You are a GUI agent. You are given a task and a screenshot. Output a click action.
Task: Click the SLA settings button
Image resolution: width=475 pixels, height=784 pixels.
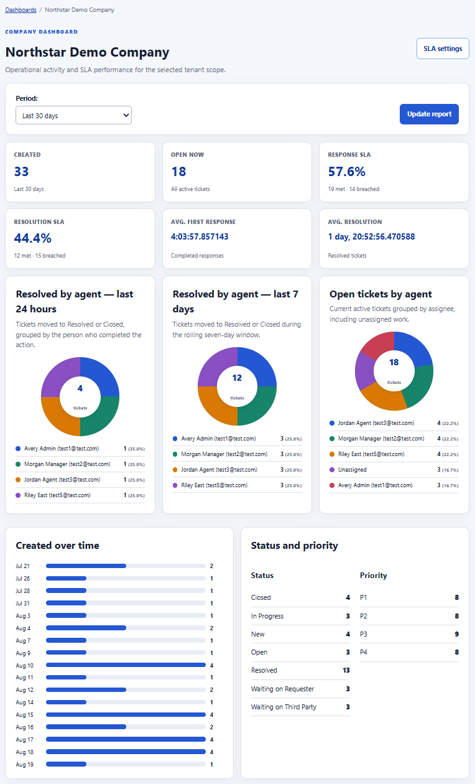443,49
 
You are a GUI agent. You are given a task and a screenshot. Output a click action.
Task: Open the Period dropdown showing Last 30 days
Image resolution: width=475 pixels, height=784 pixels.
73,115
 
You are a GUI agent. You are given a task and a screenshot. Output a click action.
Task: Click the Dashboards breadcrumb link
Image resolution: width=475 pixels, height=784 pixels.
21,10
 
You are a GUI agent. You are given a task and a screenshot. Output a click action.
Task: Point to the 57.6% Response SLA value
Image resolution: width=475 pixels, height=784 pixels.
347,172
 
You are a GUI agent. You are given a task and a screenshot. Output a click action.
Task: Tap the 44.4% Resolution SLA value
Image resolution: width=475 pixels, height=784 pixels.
32,238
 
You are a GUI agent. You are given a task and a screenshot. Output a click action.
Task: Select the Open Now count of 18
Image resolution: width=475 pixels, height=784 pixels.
178,172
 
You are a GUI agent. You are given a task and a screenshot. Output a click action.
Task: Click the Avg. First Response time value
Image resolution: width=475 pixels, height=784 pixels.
200,236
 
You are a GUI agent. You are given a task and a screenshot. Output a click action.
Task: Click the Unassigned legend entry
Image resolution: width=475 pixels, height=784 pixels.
353,470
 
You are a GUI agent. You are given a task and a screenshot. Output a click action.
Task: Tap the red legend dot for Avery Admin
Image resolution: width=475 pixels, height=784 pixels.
332,485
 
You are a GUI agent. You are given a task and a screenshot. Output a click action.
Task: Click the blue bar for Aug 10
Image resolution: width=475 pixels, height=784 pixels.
126,665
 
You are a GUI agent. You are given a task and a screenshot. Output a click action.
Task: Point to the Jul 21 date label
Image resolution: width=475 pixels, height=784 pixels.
23,566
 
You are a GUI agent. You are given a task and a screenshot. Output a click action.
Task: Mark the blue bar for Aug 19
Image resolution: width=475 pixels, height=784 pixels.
66,764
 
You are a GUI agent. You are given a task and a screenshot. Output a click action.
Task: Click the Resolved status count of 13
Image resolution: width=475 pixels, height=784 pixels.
346,670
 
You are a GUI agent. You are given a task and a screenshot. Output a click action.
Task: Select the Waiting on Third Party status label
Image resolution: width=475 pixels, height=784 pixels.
284,707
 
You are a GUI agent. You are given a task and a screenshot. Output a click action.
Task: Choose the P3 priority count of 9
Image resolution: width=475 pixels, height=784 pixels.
456,634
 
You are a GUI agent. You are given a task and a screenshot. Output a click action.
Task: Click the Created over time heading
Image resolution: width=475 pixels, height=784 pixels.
57,545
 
